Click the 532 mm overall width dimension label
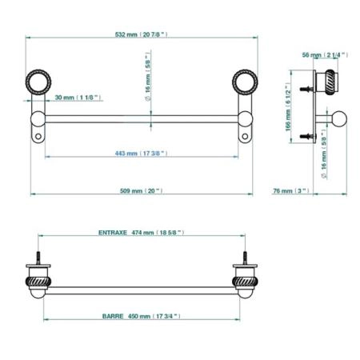pos(141,34)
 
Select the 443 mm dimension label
pos(141,154)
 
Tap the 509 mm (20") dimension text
pos(141,191)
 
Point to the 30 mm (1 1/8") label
pos(78,98)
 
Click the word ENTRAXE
pos(113,233)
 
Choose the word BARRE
pos(113,316)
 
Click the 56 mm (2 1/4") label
pos(325,55)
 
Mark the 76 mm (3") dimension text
pos(291,191)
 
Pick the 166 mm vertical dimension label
pos(288,107)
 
